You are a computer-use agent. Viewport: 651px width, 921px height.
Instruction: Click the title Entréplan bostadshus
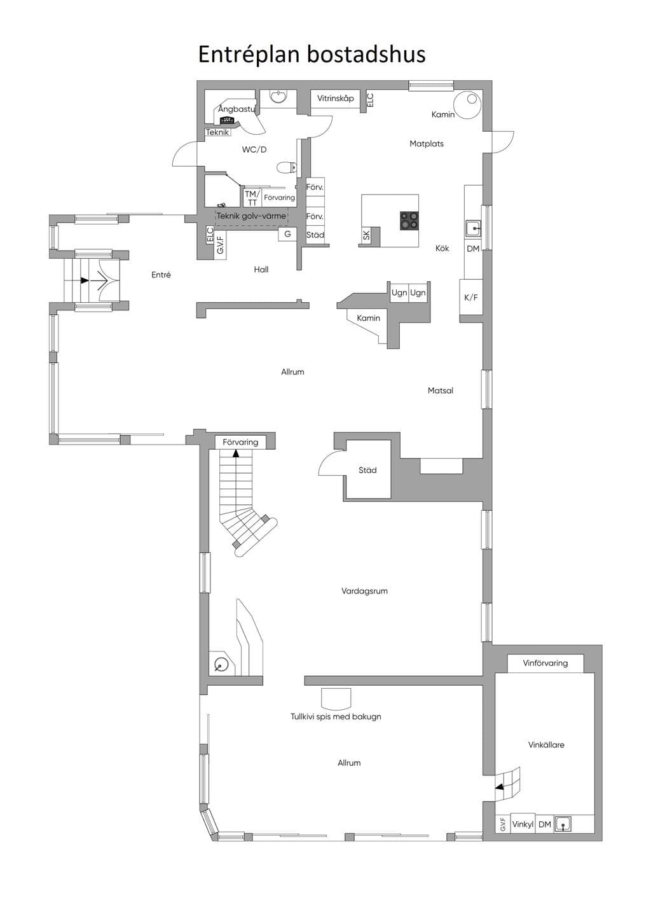pos(312,55)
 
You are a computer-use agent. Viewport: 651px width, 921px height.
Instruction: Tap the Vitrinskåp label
pos(336,99)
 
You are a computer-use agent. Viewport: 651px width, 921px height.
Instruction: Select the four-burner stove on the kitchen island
pos(409,220)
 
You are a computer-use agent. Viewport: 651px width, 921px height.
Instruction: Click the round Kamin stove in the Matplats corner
pos(467,104)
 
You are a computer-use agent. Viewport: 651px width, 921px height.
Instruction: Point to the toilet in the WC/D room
pos(287,167)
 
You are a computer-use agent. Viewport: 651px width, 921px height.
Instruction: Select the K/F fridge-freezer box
pos(471,297)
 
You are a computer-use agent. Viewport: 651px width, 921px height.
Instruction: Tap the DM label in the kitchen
pos(473,248)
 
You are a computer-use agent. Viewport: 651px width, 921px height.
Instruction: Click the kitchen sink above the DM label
pos(474,228)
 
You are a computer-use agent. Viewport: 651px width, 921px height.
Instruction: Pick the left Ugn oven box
pos(399,293)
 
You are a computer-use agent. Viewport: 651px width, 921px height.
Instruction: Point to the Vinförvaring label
pos(545,663)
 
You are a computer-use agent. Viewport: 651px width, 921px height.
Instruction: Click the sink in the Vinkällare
pos(563,824)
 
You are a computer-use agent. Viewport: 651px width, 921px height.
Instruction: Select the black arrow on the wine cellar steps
pos(499,787)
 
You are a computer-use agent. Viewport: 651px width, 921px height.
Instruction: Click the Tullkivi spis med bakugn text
pos(336,716)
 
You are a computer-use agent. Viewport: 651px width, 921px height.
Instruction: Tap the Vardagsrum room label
pos(364,591)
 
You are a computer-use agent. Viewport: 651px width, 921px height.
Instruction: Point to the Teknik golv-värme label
pos(251,216)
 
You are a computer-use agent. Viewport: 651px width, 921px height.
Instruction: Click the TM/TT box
pos(252,198)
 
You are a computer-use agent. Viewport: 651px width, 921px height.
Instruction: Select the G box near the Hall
pos(288,234)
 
